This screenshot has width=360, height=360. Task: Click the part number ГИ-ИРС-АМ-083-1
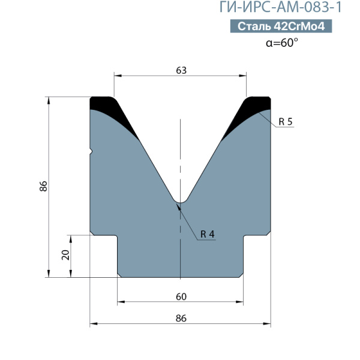pos(281,7)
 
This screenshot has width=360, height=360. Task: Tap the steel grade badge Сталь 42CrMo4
pos(281,26)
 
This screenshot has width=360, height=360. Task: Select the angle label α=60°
pos(282,43)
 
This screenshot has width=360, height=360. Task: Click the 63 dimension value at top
pos(181,70)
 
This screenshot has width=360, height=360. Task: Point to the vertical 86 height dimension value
pos(43,186)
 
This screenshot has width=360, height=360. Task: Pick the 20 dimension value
pos(65,255)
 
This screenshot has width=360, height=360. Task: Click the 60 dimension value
pos(181,296)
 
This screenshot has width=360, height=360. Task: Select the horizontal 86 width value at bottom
pos(181,319)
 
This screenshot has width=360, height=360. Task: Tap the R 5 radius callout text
pos(286,121)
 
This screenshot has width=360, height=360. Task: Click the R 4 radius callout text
pos(208,234)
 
